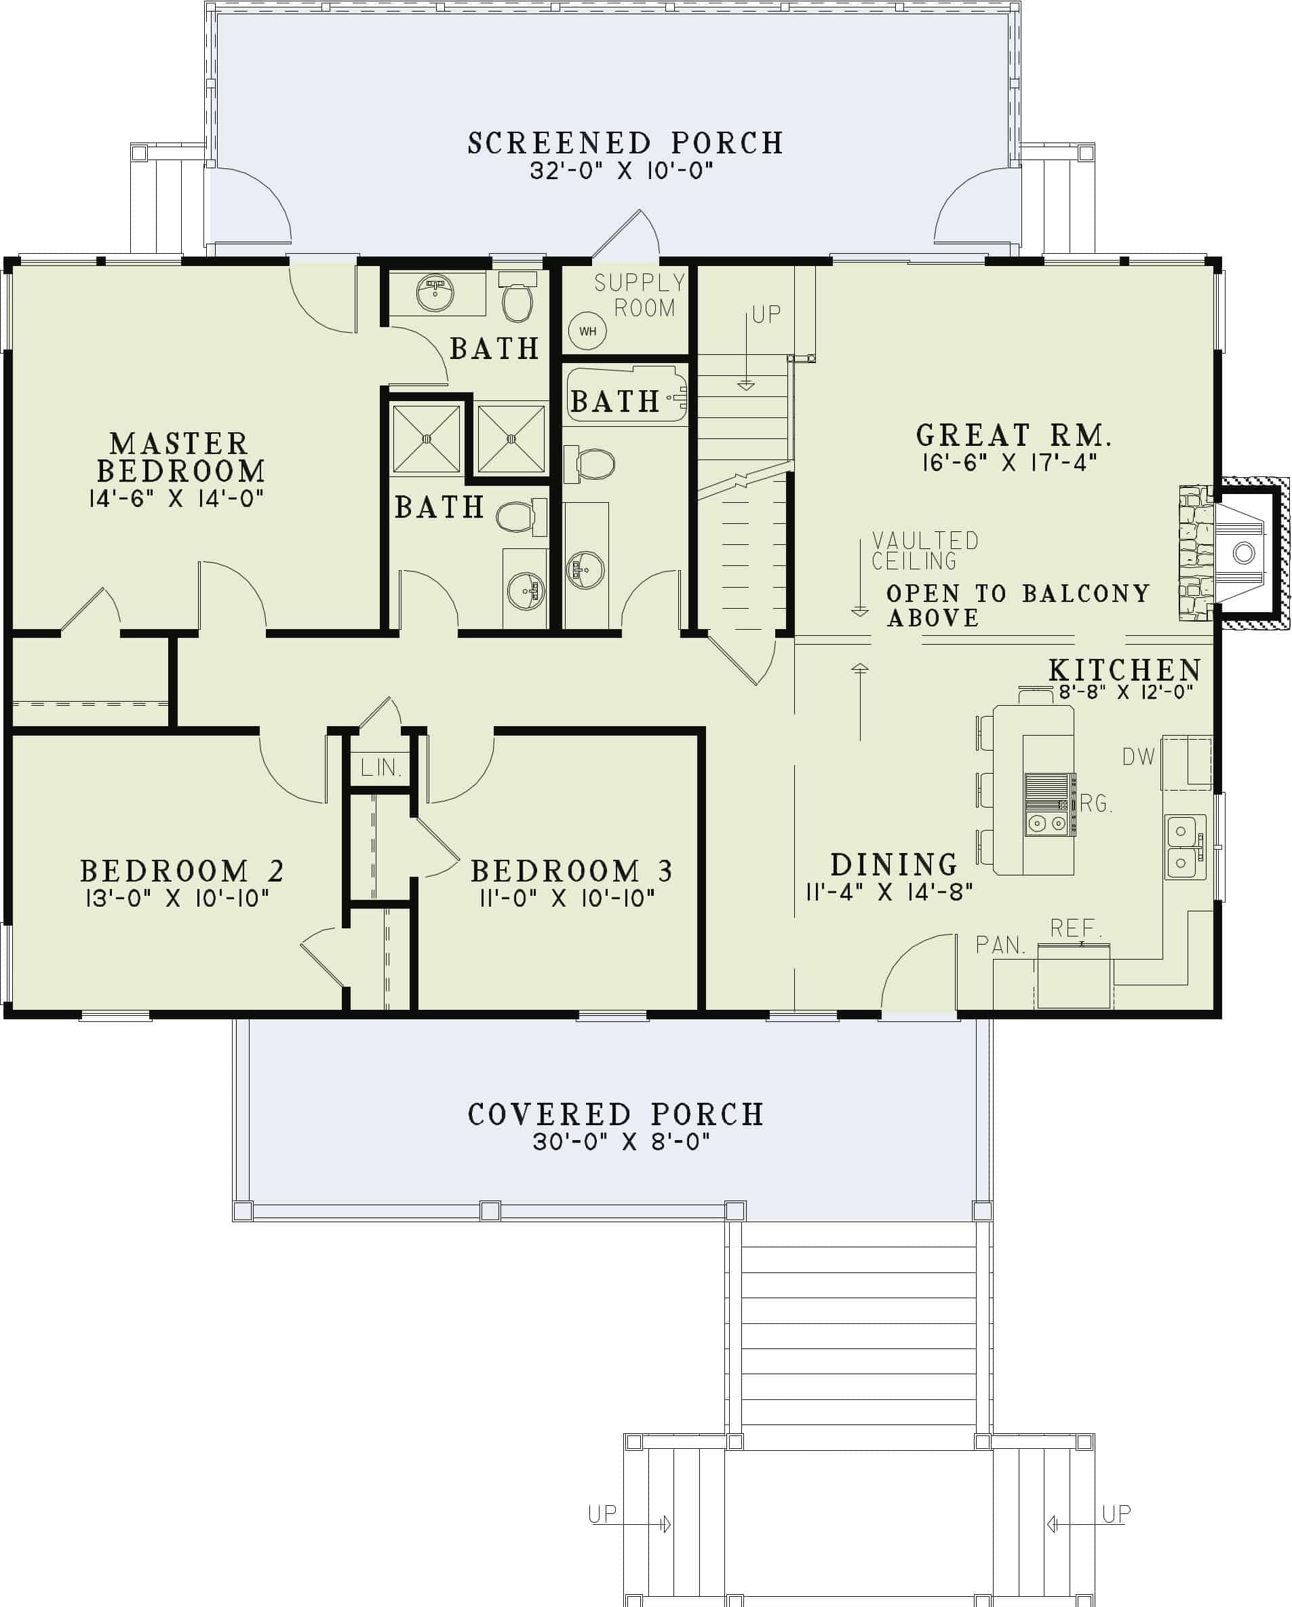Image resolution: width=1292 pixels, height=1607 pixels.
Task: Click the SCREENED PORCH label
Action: click(625, 143)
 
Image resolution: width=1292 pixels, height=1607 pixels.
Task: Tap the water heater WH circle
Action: click(587, 331)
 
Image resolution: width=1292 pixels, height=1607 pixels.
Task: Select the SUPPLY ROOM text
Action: click(640, 295)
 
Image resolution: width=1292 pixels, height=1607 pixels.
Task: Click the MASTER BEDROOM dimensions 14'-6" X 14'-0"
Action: click(176, 499)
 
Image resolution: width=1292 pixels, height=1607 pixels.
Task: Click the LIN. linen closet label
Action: click(380, 767)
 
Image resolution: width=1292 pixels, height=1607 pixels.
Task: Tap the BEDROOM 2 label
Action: click(182, 871)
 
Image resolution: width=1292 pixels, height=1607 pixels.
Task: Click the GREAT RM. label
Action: click(1013, 434)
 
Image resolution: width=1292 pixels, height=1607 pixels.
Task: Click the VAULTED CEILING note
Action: click(924, 550)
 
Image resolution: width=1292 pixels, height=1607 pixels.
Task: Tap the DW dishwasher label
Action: click(1138, 757)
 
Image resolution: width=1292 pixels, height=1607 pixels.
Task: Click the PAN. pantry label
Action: click(1000, 945)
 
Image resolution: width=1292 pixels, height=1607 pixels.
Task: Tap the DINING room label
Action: click(893, 865)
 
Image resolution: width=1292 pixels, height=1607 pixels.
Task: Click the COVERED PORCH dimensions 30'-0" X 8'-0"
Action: click(621, 1141)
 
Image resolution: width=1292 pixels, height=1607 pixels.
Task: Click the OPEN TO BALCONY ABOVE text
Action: click(1018, 605)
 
